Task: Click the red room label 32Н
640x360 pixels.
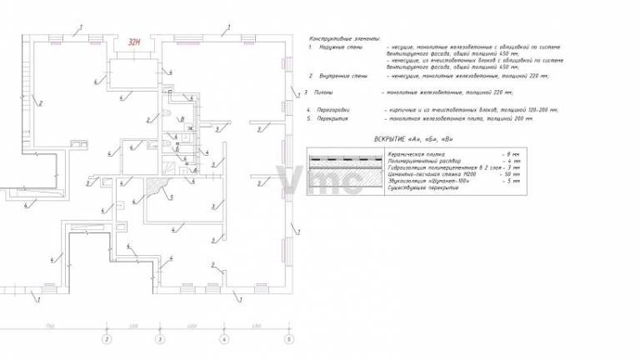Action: [x=133, y=40]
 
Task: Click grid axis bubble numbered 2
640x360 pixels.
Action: [x=106, y=339]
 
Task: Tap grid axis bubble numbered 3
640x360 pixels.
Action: [x=162, y=339]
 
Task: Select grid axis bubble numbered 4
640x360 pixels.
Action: [x=222, y=339]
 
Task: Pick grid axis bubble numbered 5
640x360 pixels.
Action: [x=288, y=339]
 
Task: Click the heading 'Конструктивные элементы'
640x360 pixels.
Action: [x=343, y=39]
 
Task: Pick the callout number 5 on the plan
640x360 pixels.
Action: [x=172, y=197]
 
